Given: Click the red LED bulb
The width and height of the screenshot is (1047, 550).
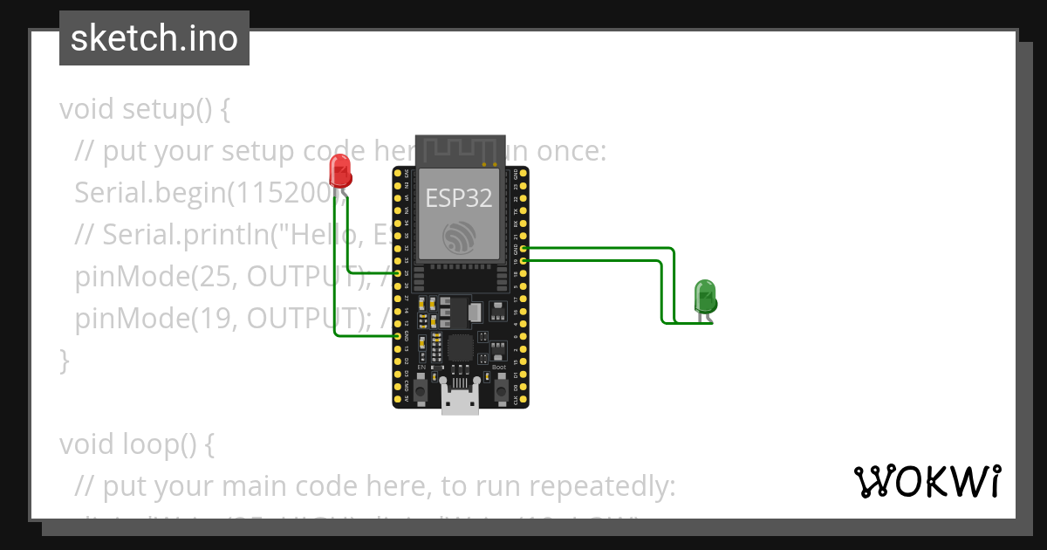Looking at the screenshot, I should [x=340, y=169].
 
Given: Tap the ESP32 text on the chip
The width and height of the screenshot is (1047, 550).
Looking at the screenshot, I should [x=459, y=197].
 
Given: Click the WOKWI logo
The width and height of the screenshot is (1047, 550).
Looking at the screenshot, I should [x=927, y=481].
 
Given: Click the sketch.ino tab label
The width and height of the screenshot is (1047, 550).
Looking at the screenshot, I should [x=154, y=38].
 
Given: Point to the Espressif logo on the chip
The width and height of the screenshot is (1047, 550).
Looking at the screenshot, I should [x=459, y=237].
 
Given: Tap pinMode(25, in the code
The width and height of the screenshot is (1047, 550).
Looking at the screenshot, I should [x=157, y=277].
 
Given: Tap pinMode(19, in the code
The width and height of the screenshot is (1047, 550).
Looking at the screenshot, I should [x=157, y=319].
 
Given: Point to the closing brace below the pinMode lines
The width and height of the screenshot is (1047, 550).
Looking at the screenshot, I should [x=63, y=360].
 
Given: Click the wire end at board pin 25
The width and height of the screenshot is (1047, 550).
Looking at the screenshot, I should [x=399, y=273].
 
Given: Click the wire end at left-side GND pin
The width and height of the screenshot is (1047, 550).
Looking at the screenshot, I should [x=399, y=335].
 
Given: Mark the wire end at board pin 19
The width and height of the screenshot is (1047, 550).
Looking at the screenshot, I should [x=523, y=260].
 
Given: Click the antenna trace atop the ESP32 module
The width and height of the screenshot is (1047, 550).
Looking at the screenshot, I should [x=460, y=150].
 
